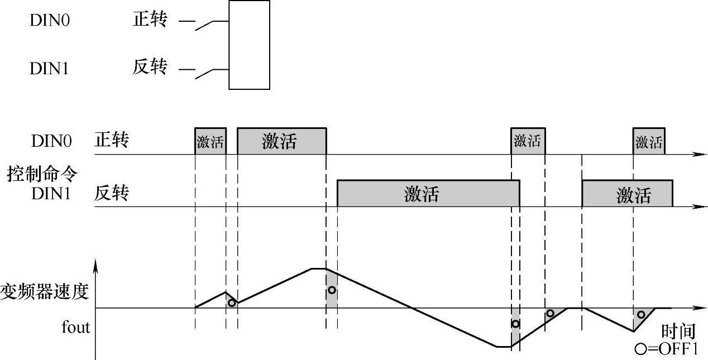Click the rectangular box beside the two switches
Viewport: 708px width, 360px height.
coord(249,45)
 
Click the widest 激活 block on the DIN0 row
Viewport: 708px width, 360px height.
coord(281,141)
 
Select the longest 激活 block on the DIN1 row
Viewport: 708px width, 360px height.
coord(428,194)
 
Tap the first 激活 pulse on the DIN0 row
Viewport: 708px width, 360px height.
coord(211,141)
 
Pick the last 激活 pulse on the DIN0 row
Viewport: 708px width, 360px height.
coord(649,141)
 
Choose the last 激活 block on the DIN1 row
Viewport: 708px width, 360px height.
coord(627,194)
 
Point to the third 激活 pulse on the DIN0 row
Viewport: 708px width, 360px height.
coord(528,141)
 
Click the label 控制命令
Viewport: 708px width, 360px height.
coord(42,174)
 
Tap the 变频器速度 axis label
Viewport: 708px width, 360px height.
coord(45,291)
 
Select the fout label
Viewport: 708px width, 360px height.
coord(75,327)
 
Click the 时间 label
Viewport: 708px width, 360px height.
coord(678,332)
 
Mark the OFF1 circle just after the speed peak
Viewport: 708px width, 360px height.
coord(332,290)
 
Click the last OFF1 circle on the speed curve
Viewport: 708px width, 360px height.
coord(641,314)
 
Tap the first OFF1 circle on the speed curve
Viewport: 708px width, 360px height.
coord(232,303)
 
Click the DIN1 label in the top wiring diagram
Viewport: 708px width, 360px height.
coord(49,69)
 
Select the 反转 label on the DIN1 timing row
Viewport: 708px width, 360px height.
coord(112,194)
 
